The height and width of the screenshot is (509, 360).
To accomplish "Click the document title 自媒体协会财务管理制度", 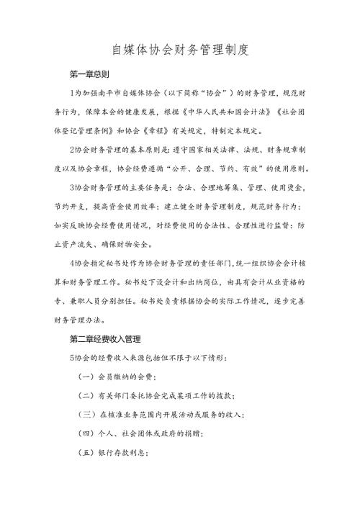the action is tap(180, 50).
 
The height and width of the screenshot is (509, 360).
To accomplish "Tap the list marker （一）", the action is tap(86, 376).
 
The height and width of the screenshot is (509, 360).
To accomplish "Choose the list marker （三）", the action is tap(86, 414).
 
